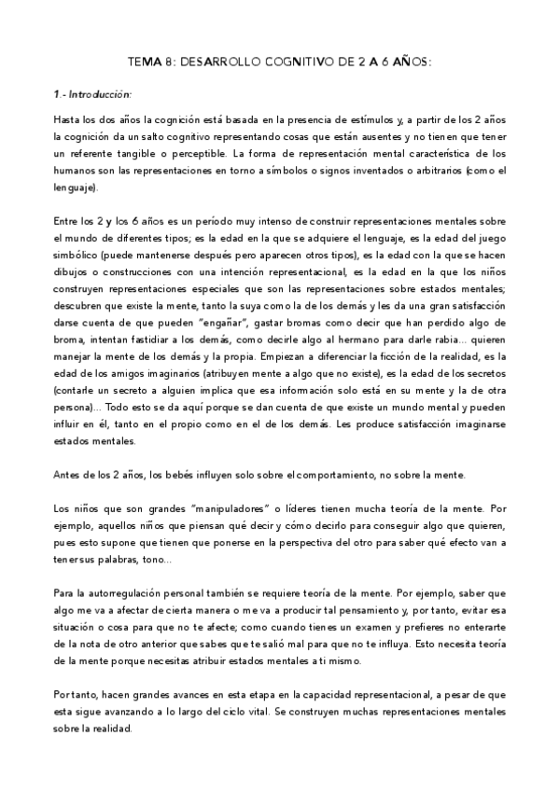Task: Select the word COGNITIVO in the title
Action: (298, 62)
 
